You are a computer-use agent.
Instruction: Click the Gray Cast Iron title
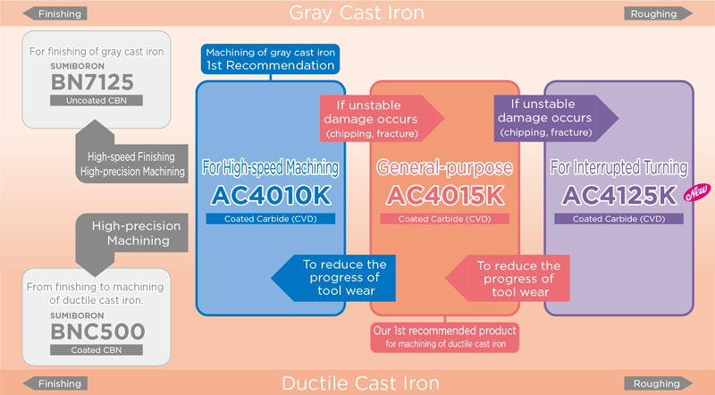tap(356, 13)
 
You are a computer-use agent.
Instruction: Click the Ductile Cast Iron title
tap(360, 383)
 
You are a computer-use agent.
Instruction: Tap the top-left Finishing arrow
tap(55, 13)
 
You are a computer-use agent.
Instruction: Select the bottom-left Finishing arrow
tap(55, 383)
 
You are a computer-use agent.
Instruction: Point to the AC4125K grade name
tap(618, 194)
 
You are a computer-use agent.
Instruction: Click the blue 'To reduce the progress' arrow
tap(331, 278)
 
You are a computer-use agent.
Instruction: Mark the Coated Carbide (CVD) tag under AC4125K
tap(618, 218)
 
